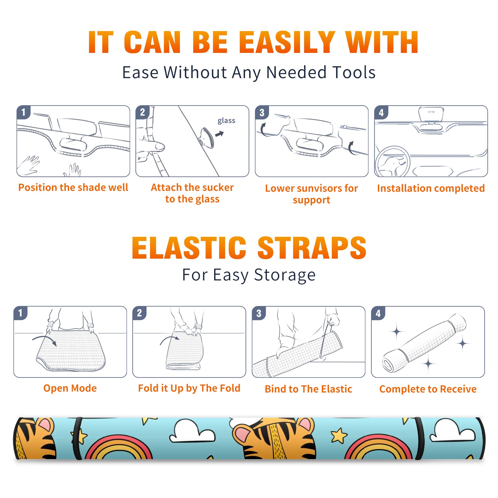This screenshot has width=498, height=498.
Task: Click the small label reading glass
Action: (x=226, y=121)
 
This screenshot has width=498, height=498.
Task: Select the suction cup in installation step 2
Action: (x=207, y=138)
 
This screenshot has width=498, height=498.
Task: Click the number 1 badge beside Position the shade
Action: (x=23, y=112)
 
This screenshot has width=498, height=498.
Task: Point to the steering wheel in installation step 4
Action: (x=392, y=162)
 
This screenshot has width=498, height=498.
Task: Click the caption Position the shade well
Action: (x=73, y=187)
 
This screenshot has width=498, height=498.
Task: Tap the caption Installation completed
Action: (x=431, y=188)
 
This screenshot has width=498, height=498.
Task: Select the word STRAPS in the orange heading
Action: (x=312, y=248)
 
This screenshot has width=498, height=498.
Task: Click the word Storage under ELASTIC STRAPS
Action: (x=285, y=275)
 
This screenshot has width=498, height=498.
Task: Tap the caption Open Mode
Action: (x=70, y=388)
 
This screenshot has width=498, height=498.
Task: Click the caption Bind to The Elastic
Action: (x=308, y=389)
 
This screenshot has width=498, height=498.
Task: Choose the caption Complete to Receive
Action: (x=428, y=389)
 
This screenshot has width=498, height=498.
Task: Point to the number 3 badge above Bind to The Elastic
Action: (x=259, y=313)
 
